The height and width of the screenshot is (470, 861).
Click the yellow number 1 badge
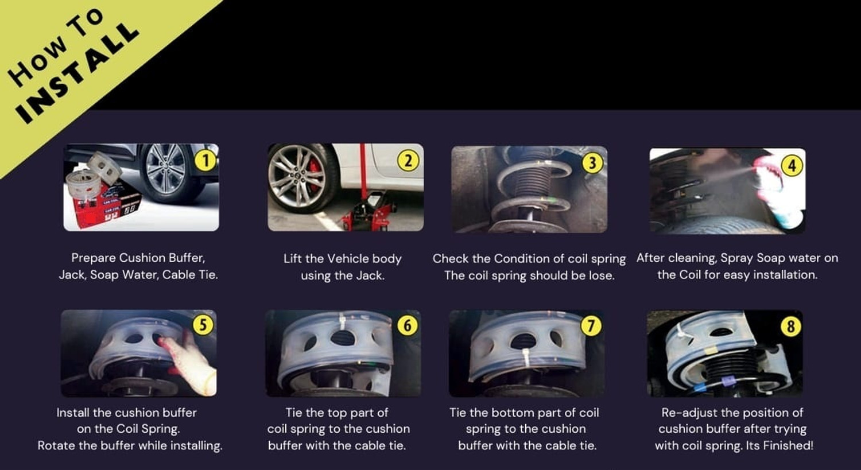pyautogui.click(x=205, y=161)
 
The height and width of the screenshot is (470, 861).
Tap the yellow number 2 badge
pyautogui.click(x=408, y=161)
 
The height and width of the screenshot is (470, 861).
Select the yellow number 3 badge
pyautogui.click(x=592, y=163)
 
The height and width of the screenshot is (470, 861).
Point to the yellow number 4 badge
pyautogui.click(x=792, y=166)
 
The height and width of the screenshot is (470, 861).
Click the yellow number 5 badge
pyautogui.click(x=203, y=325)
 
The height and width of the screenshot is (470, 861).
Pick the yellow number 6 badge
pyautogui.click(x=408, y=325)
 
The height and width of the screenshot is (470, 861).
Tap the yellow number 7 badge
pyautogui.click(x=591, y=325)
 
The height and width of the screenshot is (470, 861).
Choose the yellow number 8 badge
pyautogui.click(x=790, y=327)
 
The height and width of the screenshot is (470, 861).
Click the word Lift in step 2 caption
pyautogui.click(x=293, y=259)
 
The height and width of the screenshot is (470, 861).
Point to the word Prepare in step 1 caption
pyautogui.click(x=94, y=258)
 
